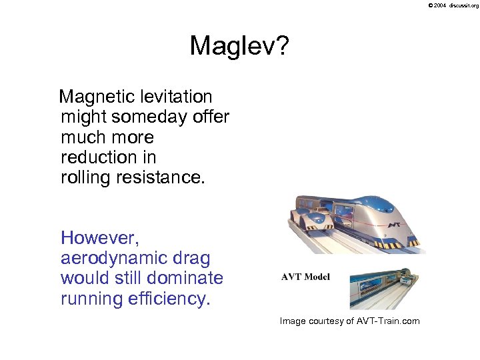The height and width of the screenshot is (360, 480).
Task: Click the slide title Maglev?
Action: [239, 47]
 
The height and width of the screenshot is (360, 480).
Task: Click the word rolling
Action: [83, 177]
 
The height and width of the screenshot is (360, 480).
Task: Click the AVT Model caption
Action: [305, 277]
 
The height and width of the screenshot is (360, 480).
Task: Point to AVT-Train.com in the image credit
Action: [389, 321]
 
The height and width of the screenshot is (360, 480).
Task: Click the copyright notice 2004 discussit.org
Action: [453, 5]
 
